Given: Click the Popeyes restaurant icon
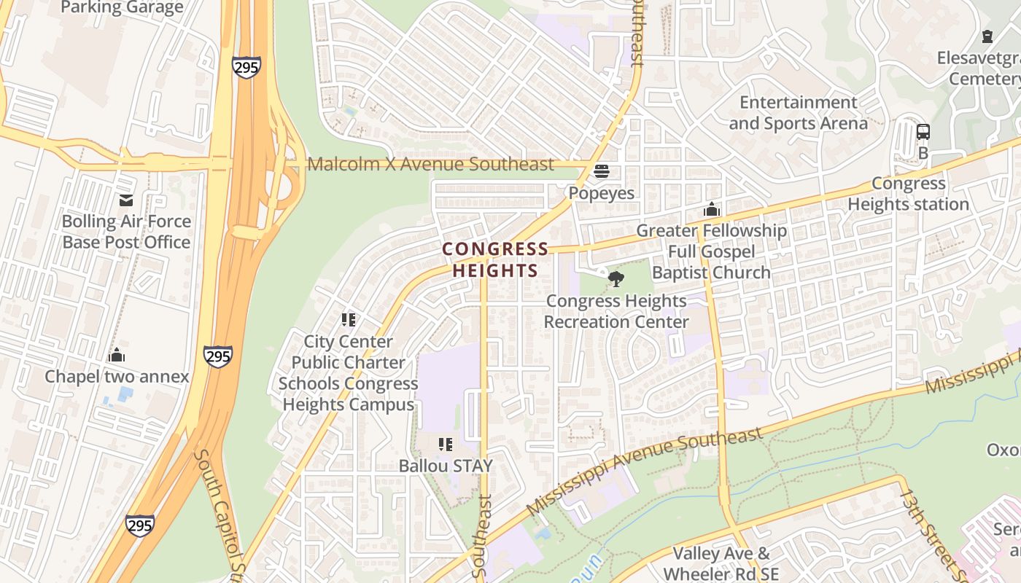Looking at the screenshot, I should coord(602,171).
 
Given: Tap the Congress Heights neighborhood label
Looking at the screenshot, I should coord(495,260).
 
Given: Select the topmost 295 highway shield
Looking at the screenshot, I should coord(246,67).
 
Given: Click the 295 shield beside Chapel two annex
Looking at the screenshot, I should coord(218,356).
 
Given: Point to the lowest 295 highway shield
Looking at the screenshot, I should coord(139,525).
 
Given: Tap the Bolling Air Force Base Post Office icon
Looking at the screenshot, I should coord(126,200).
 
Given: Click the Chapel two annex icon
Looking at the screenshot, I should coord(117,356).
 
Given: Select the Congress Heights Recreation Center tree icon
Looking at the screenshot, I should coord(616,278).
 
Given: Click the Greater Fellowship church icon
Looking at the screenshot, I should coord(712,210).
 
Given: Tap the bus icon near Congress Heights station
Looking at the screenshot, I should coord(923,132).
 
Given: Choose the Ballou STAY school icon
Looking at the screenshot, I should coord(446,444).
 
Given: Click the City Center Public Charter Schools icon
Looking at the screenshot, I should coord(349,319).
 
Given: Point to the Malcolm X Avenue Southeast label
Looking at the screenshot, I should coord(430,165).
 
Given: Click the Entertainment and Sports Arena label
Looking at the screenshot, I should coord(798,113).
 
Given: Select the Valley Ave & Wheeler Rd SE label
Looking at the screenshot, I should coord(721,564).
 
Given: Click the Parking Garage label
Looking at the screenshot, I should coord(123,8).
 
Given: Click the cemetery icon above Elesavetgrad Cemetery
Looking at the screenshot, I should coord(987,36).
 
